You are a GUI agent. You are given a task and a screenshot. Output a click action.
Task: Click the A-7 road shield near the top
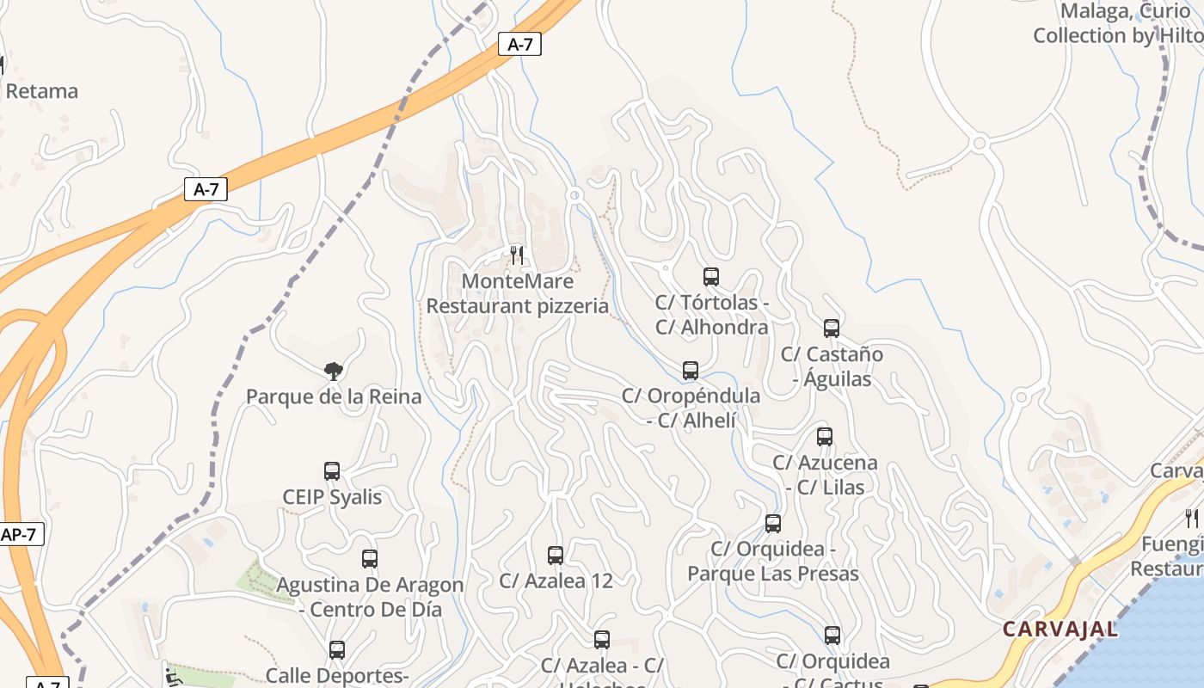(519, 45)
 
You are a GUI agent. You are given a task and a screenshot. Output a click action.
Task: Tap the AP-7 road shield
(20, 534)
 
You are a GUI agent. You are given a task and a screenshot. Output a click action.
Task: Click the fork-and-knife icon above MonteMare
(517, 255)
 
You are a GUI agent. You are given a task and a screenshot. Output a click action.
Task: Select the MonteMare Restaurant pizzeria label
(518, 294)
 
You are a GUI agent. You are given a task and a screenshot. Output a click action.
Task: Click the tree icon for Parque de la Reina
(334, 372)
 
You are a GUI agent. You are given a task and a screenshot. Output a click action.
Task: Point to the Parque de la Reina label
(334, 396)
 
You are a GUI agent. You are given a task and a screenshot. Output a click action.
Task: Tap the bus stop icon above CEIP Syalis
(332, 471)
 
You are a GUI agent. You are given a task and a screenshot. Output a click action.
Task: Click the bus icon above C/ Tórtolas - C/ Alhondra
(711, 277)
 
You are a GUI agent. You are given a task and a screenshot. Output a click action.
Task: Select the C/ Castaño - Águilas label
(832, 366)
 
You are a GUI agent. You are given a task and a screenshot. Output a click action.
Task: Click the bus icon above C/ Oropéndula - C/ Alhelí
(691, 371)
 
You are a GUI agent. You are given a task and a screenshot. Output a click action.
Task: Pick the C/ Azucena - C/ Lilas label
(825, 475)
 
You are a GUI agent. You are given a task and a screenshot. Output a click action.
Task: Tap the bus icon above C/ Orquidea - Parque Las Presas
(773, 524)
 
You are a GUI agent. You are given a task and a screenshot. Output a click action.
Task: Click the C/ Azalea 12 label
(556, 580)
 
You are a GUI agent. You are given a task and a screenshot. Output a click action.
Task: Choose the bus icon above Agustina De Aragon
(370, 559)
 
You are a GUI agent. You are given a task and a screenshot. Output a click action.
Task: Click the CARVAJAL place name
(1060, 629)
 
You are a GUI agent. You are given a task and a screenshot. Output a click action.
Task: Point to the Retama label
(41, 91)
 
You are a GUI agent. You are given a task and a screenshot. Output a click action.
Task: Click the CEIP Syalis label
(332, 497)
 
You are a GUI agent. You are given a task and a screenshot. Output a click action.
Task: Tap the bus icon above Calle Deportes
(337, 650)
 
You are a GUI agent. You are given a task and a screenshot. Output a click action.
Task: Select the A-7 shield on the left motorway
(206, 190)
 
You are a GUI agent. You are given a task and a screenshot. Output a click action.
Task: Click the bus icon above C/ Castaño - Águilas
(832, 329)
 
